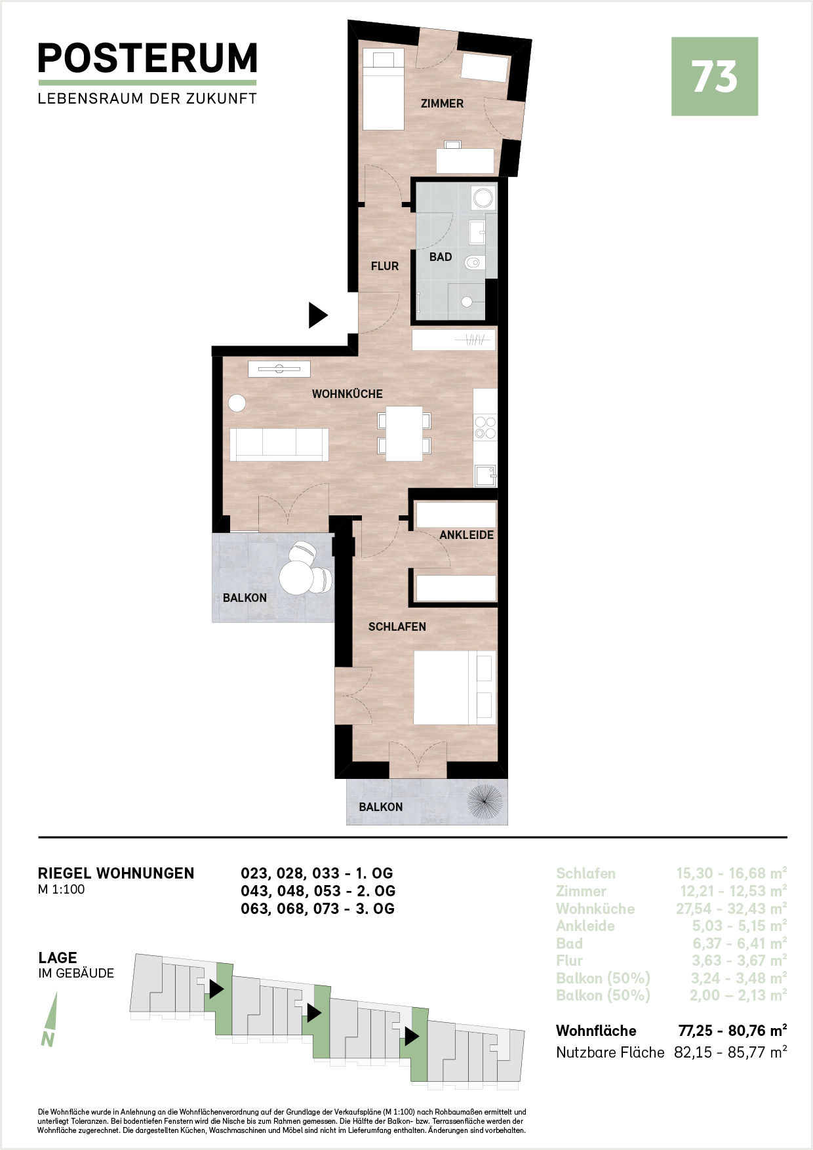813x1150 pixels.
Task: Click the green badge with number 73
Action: (x=715, y=77)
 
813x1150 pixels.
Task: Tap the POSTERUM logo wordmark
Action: (x=148, y=58)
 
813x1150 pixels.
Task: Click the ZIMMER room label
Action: (x=442, y=104)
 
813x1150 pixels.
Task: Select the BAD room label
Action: (x=441, y=257)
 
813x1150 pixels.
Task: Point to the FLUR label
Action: (x=385, y=266)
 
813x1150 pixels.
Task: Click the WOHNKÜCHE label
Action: (x=347, y=394)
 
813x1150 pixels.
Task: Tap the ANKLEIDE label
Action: (x=467, y=535)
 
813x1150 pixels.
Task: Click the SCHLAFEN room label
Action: (x=397, y=627)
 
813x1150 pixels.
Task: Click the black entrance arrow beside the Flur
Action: (x=318, y=315)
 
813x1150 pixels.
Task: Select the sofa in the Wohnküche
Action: (x=279, y=445)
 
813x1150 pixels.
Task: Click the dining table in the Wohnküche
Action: (x=404, y=433)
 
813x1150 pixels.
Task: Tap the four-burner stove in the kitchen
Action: (x=486, y=427)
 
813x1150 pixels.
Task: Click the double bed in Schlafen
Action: (x=454, y=687)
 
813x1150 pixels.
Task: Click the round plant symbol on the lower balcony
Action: (x=485, y=803)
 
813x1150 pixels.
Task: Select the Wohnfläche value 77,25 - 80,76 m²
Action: (x=732, y=1031)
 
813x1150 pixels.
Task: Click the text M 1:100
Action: (x=62, y=890)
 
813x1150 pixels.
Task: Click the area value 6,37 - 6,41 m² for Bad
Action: (x=740, y=943)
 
